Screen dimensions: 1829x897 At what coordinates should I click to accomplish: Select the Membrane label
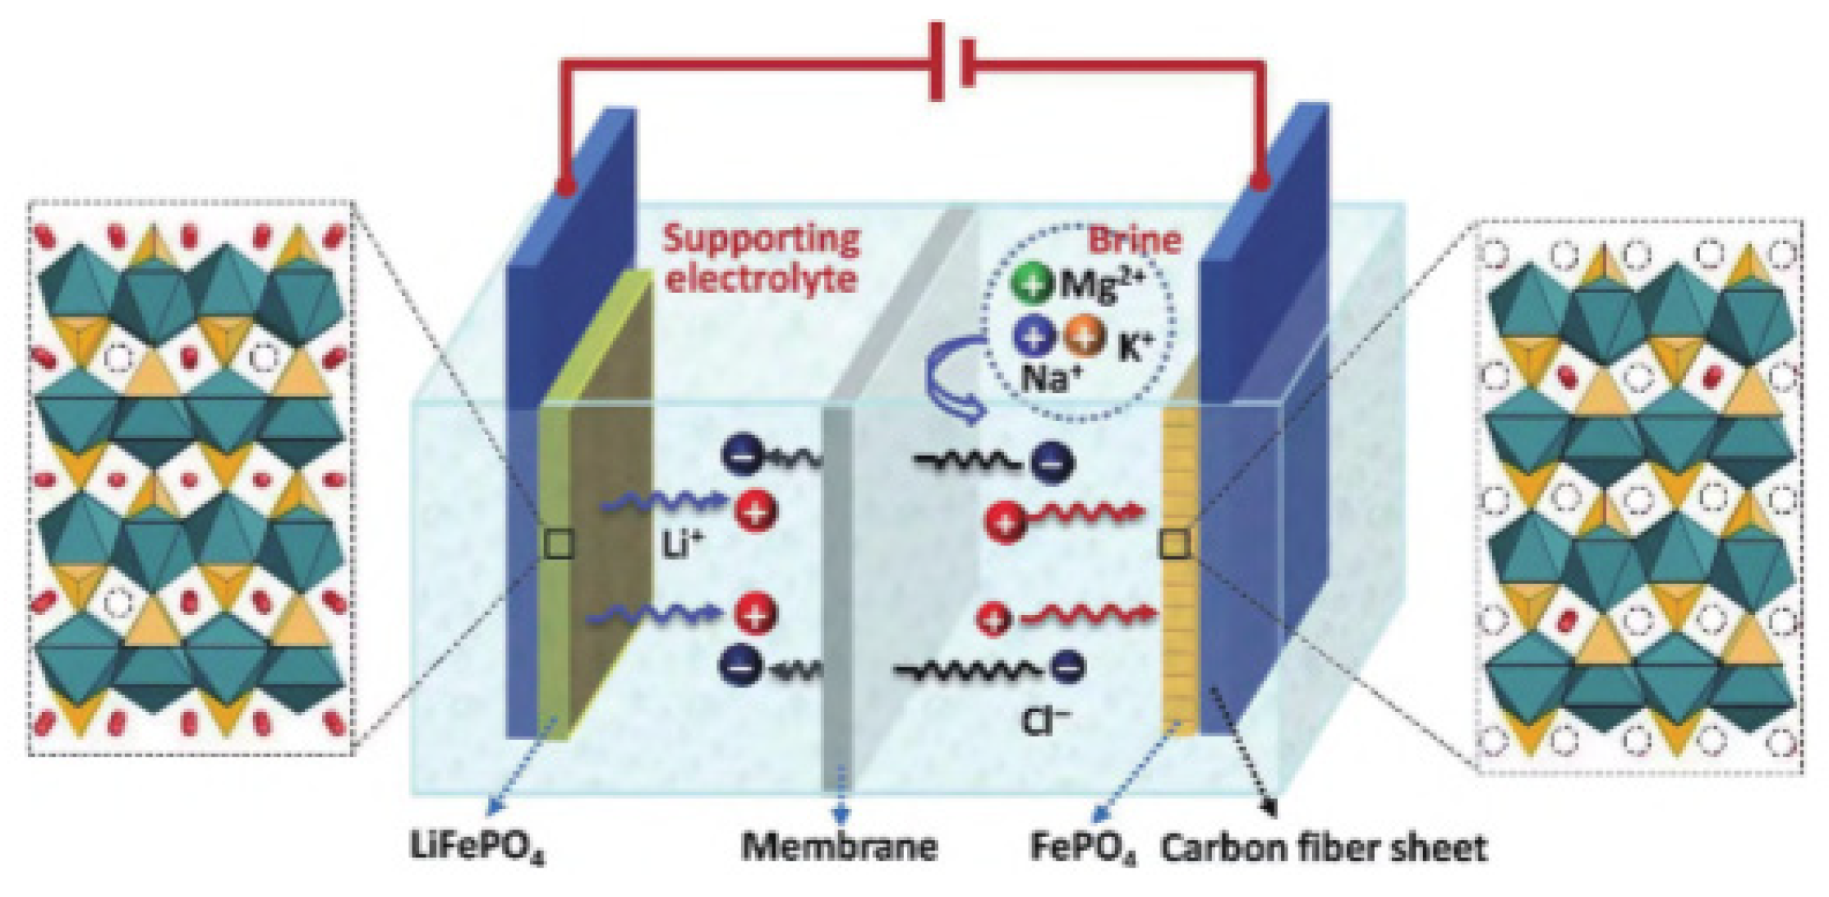click(x=839, y=845)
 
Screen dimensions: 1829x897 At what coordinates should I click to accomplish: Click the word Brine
click(x=1135, y=240)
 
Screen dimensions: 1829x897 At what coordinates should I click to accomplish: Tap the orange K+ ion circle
click(x=1084, y=336)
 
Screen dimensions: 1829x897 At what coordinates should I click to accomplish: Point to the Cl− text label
click(x=1044, y=721)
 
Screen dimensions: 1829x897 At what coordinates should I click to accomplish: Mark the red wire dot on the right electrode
click(x=1260, y=181)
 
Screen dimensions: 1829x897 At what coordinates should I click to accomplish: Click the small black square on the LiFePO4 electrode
click(x=560, y=543)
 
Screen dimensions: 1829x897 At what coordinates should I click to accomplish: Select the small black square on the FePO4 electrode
click(x=1173, y=543)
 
